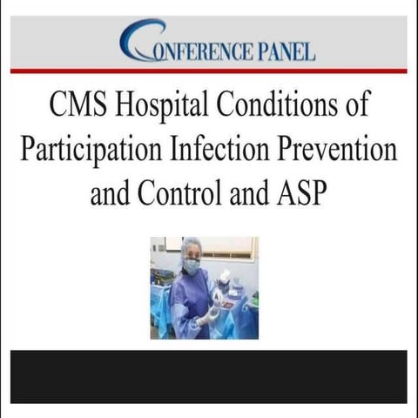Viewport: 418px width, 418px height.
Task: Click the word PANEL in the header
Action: (x=275, y=50)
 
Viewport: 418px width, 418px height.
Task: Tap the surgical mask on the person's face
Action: (x=192, y=266)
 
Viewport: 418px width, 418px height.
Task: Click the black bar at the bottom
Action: (x=208, y=376)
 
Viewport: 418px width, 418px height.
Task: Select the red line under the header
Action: (x=208, y=71)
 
